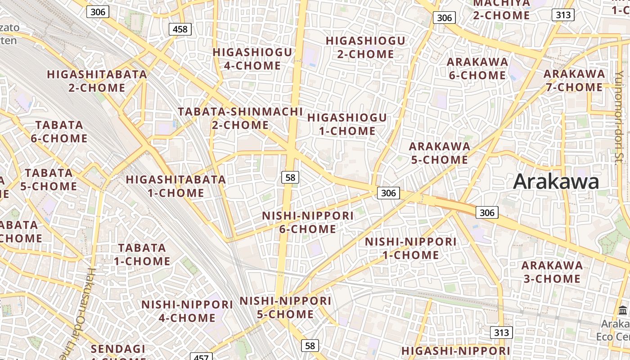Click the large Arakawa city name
point(556,182)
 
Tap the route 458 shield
point(180,30)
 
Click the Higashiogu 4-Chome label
point(252,59)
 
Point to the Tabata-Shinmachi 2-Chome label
point(240,118)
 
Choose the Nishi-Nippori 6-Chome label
point(308,222)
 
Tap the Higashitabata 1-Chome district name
point(176,186)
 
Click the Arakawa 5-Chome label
point(439,153)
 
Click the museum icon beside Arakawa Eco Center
point(623,310)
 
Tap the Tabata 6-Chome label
point(59,131)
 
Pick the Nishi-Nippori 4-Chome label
point(187,311)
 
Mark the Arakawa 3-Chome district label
point(552,272)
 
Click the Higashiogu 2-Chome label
point(365,47)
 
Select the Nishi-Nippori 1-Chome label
point(410,248)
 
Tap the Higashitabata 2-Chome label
point(97,81)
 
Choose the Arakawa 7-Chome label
point(574,80)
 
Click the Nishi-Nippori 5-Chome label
point(285,307)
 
